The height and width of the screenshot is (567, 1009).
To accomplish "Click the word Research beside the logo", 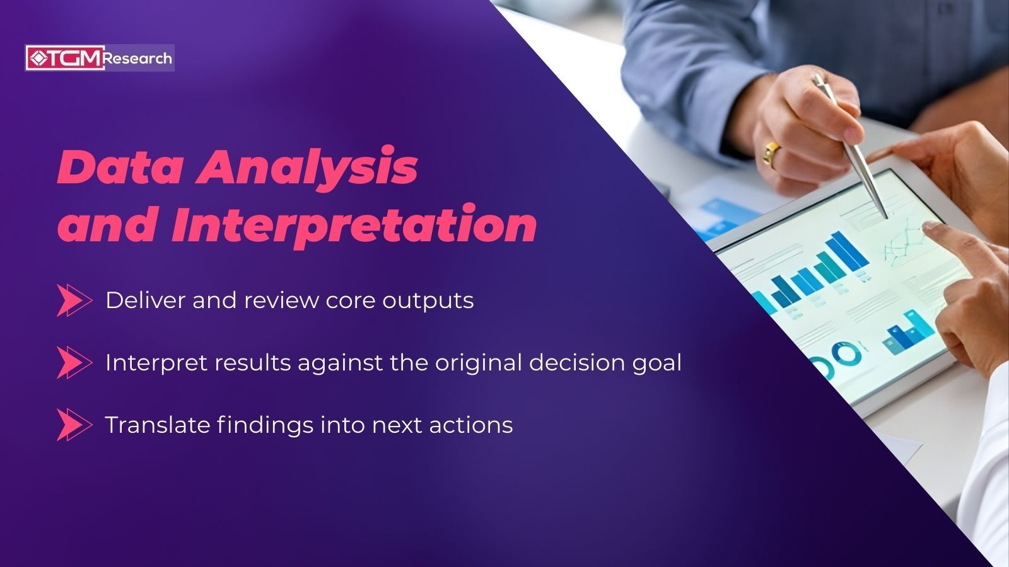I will pyautogui.click(x=137, y=59).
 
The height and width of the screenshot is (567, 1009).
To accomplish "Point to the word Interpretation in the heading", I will pyautogui.click(x=353, y=225).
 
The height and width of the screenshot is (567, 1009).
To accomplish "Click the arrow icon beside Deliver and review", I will pyautogui.click(x=73, y=300).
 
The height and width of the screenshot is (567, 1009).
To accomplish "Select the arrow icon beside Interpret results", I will pyautogui.click(x=73, y=362).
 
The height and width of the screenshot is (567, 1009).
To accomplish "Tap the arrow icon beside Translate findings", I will pyautogui.click(x=73, y=425).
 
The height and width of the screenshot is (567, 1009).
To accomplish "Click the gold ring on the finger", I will pyautogui.click(x=771, y=153).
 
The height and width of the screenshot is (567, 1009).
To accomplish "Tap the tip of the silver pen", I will pyautogui.click(x=886, y=216).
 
